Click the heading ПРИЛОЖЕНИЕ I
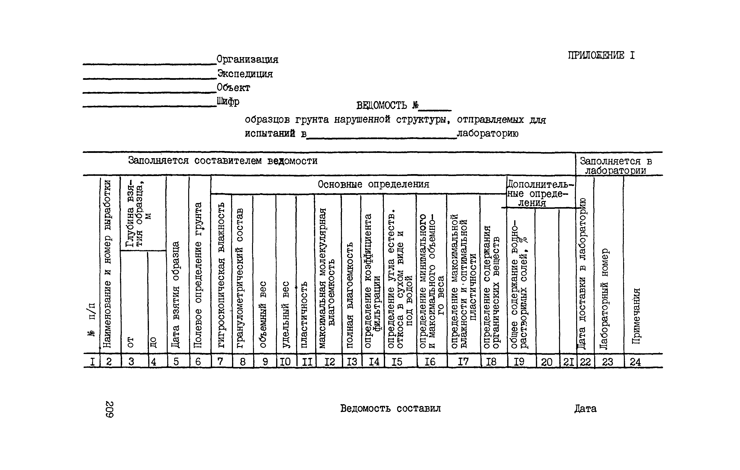pos(601,55)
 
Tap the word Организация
pos(247,59)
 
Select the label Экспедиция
pos(245,74)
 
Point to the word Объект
pos(233,88)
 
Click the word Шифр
pos(228,102)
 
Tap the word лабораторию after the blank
pos(487,134)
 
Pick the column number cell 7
pos(220,361)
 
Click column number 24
pos(635,362)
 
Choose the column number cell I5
pos(396,362)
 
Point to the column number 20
pos(547,362)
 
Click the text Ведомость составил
pos(390,409)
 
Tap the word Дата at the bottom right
pos(585,409)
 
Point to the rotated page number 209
pos(109,409)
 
